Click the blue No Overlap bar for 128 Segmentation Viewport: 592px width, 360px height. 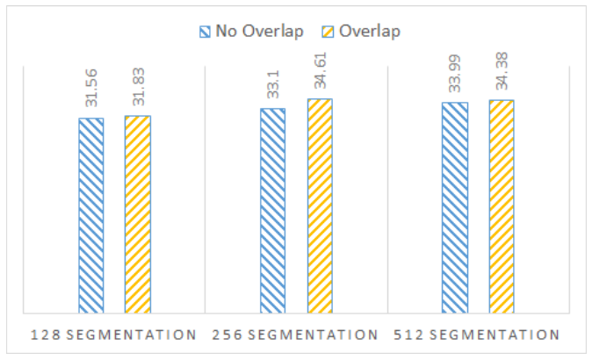click(91, 215)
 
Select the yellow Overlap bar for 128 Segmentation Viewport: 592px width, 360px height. click(138, 214)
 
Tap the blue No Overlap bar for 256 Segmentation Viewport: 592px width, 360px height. click(273, 211)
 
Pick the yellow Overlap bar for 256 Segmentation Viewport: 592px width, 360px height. click(320, 205)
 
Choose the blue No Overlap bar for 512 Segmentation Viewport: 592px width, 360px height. click(455, 207)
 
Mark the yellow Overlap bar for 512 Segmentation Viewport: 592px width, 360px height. click(502, 206)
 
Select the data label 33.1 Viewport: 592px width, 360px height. click(273, 87)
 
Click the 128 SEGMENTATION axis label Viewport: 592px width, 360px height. click(112, 335)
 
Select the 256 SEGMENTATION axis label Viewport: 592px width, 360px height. click(294, 335)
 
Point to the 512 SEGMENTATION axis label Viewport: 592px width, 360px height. click(478, 335)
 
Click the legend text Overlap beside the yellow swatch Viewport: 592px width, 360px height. click(371, 32)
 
